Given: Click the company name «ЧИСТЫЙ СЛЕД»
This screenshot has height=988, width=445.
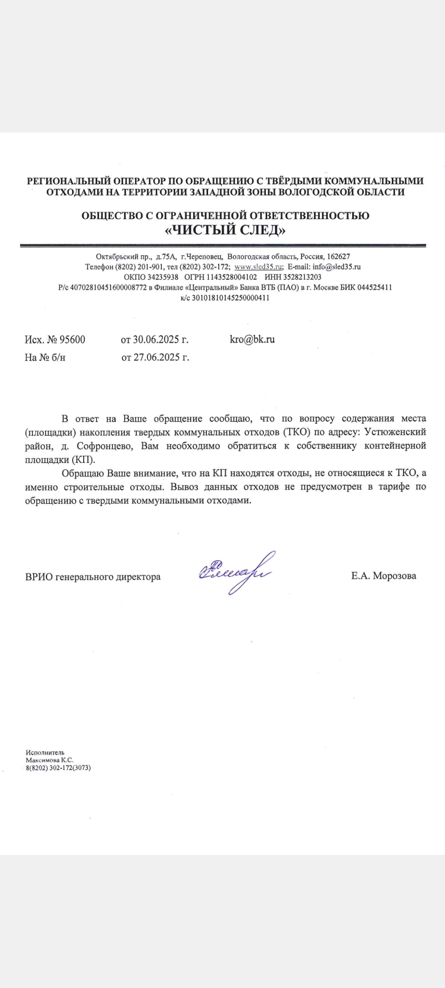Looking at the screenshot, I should coord(225,231).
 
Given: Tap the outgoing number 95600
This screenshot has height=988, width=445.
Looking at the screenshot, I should coord(73,340).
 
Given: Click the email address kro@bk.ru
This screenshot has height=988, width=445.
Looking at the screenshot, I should coord(252,340).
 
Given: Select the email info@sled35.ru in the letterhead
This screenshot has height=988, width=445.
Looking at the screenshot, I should coord(336,267).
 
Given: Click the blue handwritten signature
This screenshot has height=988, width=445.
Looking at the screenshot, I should coord(235,572).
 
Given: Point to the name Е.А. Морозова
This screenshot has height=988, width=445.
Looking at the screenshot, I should coord(384,576).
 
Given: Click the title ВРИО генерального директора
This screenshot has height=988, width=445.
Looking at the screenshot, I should coord(93,577).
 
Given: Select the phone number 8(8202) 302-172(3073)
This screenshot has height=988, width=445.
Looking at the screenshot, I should coord(58,768).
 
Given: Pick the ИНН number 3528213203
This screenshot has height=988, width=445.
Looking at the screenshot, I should coord(302,277).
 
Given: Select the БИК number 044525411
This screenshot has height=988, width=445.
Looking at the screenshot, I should coord(375,287).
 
